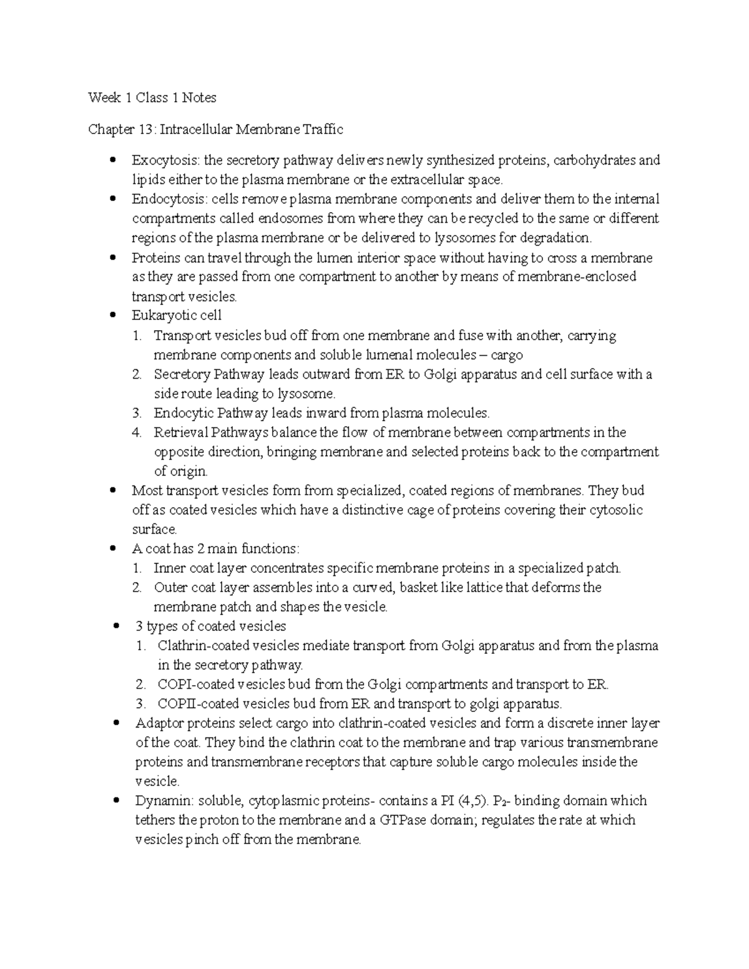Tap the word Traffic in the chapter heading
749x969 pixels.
[323, 129]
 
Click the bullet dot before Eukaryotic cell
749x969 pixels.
[112, 316]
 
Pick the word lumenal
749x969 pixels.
[389, 355]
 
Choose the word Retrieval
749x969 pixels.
[180, 432]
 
